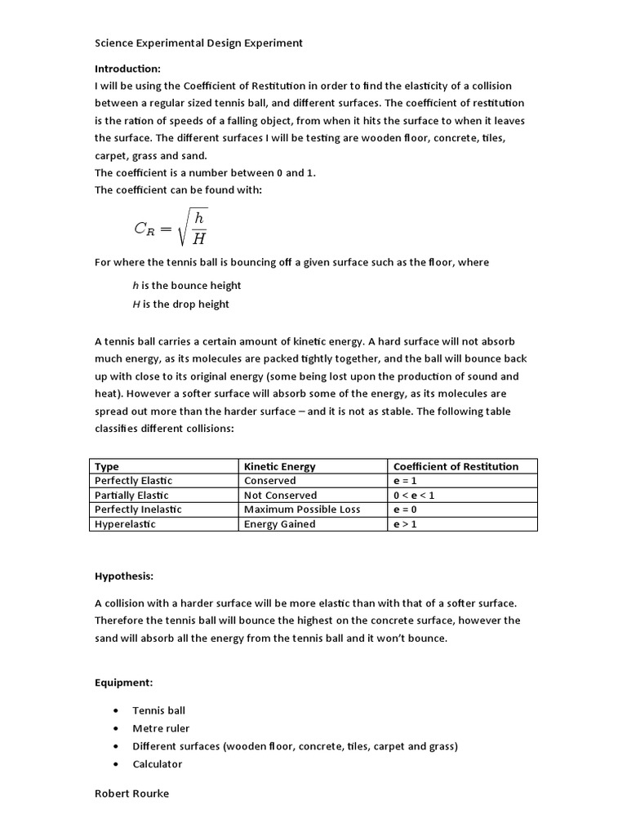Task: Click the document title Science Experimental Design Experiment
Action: point(198,42)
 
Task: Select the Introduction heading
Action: point(127,68)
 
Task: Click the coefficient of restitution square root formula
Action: point(171,227)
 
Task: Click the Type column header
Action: point(107,466)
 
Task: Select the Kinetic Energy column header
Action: point(279,466)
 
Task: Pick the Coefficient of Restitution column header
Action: point(456,466)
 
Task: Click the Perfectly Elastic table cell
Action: point(133,481)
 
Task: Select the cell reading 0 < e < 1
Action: point(414,496)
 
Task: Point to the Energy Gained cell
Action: point(279,524)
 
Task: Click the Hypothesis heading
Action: point(124,576)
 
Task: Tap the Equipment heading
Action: point(123,683)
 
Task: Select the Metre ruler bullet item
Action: point(161,728)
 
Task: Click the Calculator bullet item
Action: point(158,764)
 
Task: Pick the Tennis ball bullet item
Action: point(158,710)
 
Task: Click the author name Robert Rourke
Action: point(132,794)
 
